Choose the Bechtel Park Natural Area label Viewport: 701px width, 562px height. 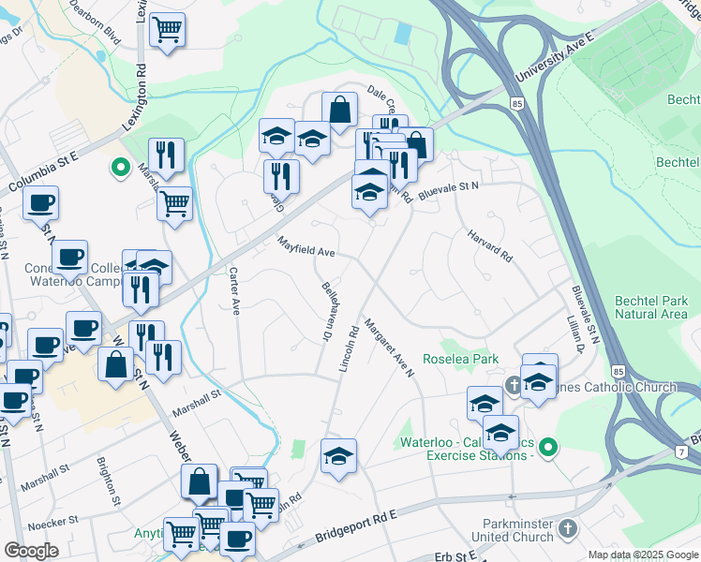point(650,307)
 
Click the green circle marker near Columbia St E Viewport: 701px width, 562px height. point(120,169)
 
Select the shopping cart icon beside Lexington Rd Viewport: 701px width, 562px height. point(167,29)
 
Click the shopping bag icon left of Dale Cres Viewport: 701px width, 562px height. point(339,110)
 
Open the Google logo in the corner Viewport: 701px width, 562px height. point(31,551)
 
